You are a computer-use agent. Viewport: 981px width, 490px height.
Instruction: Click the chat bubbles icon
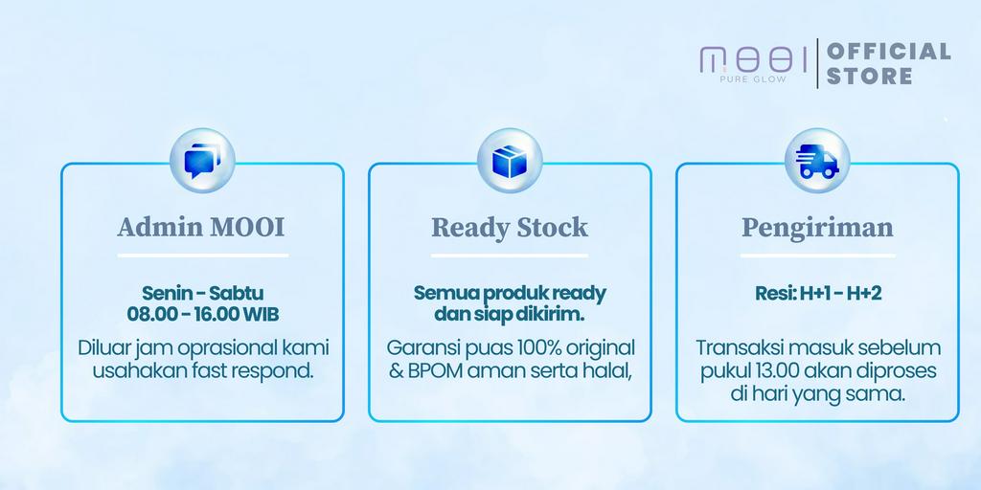point(202,161)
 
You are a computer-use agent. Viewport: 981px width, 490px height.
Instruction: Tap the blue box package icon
point(510,161)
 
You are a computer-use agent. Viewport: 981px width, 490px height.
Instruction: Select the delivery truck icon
point(817,161)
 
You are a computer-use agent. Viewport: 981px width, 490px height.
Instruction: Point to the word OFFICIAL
point(889,52)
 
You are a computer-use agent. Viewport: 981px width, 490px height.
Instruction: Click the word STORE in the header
point(870,77)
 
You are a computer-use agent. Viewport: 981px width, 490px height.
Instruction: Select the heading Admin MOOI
point(201,226)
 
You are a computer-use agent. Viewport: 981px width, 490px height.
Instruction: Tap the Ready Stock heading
point(510,227)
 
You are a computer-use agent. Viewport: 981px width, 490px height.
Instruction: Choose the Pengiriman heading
point(818,228)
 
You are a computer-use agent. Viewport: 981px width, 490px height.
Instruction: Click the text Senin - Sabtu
point(202,293)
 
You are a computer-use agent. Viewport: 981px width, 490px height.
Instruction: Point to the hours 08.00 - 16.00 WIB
point(203,314)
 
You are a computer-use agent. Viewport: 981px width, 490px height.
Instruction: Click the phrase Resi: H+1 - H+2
point(818,293)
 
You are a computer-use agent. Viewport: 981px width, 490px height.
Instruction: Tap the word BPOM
point(436,370)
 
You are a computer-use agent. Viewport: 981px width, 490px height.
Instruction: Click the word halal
point(605,370)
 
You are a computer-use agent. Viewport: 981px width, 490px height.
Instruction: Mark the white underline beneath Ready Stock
point(510,255)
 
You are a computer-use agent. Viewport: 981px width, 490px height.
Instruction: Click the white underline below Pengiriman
point(818,255)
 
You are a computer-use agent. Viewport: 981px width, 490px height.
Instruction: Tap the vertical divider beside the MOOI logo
point(817,63)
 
